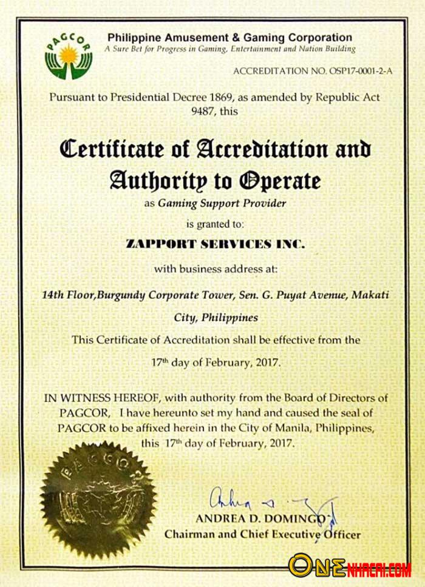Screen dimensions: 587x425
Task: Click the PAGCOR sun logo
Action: tap(68, 56)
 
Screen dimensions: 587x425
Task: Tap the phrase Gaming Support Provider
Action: tap(222, 204)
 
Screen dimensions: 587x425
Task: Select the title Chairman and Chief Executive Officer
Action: tap(262, 535)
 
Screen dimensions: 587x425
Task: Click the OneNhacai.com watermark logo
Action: tap(349, 565)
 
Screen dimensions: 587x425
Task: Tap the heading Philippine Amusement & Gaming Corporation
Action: tap(229, 38)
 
